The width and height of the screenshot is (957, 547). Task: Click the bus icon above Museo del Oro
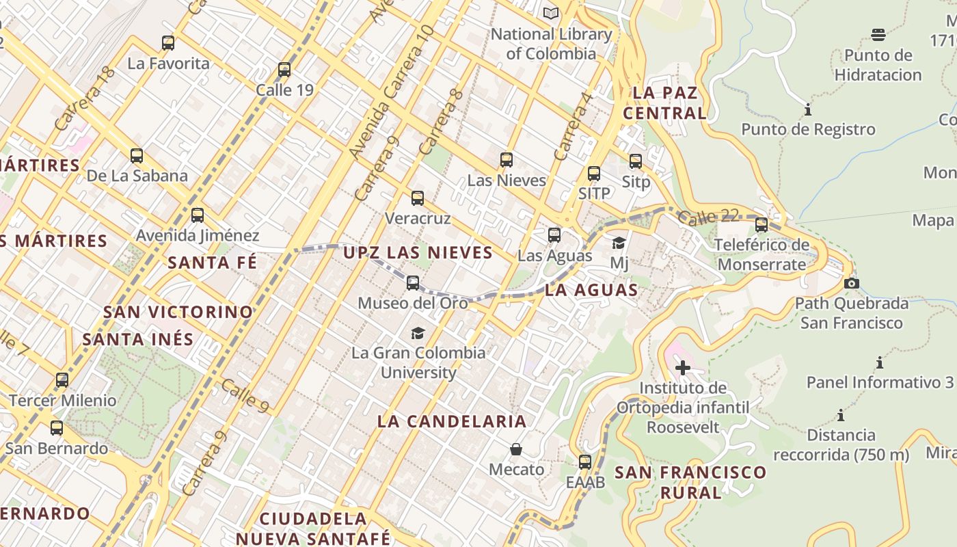tap(413, 283)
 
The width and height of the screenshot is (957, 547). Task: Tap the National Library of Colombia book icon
tap(551, 13)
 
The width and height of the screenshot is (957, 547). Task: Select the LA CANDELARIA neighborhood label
tap(452, 421)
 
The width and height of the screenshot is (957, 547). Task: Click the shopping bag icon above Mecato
tap(516, 449)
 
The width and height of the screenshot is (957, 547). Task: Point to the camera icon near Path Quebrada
tap(852, 283)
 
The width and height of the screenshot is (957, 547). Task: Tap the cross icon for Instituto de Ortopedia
tap(682, 369)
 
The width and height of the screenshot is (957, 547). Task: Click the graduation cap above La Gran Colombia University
tap(418, 333)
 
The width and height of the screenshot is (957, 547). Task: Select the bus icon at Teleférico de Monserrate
tap(761, 225)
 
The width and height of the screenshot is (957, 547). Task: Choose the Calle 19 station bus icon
tap(284, 70)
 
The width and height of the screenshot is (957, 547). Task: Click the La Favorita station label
tap(169, 64)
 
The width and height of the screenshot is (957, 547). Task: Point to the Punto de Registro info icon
tap(808, 109)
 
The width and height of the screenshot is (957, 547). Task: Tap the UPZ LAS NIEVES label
tap(418, 252)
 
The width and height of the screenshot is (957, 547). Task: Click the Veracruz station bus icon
tap(418, 198)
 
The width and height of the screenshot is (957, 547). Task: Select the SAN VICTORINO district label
tap(178, 312)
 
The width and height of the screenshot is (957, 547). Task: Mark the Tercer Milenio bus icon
tap(62, 380)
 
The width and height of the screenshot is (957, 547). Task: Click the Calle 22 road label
tap(709, 217)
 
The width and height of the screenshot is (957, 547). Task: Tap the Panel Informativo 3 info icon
tap(880, 362)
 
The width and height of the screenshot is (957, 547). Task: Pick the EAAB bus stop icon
tap(585, 462)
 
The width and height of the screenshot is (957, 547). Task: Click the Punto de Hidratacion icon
tap(878, 35)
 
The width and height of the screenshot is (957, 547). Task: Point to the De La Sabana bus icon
tap(137, 156)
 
